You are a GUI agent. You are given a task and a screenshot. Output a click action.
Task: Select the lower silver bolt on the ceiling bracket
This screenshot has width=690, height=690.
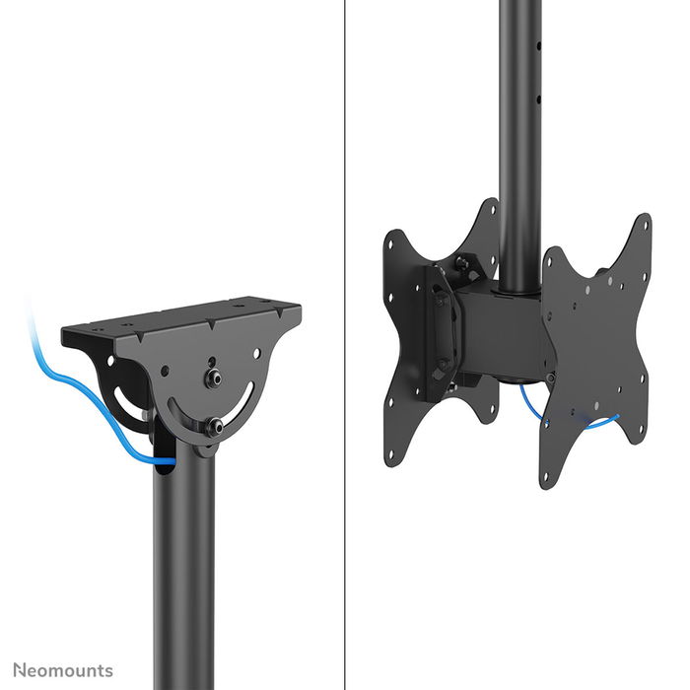click(x=213, y=426)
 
